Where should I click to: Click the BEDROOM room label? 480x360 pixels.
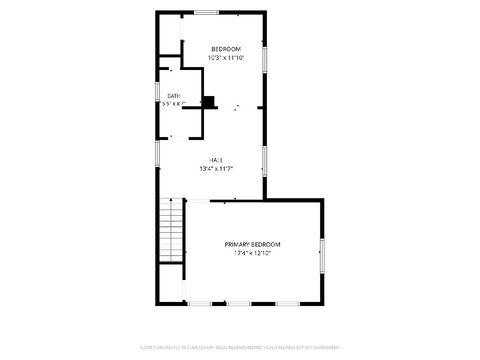click(226, 49)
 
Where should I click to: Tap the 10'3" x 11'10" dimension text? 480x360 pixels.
click(226, 58)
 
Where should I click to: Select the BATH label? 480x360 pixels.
click(174, 96)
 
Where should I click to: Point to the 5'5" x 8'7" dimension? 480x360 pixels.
click(174, 103)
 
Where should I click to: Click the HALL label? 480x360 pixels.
click(216, 160)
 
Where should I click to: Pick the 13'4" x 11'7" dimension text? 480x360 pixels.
click(216, 169)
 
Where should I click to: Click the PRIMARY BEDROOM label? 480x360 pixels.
click(252, 244)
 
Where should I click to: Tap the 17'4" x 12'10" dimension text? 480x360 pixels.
click(252, 253)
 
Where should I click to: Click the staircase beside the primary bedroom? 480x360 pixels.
click(171, 230)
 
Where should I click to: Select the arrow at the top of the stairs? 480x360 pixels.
click(171, 200)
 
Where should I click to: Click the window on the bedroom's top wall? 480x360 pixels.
click(206, 12)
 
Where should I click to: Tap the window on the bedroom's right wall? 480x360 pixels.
click(265, 60)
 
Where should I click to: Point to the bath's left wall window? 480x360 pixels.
click(157, 92)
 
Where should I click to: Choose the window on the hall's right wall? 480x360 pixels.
click(265, 161)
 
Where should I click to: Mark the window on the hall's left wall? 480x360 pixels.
click(157, 154)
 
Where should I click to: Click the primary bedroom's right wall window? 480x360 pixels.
click(322, 256)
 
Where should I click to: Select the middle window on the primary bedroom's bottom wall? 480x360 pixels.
click(239, 304)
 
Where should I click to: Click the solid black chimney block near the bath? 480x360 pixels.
click(209, 102)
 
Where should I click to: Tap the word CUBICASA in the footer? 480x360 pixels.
click(196, 348)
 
